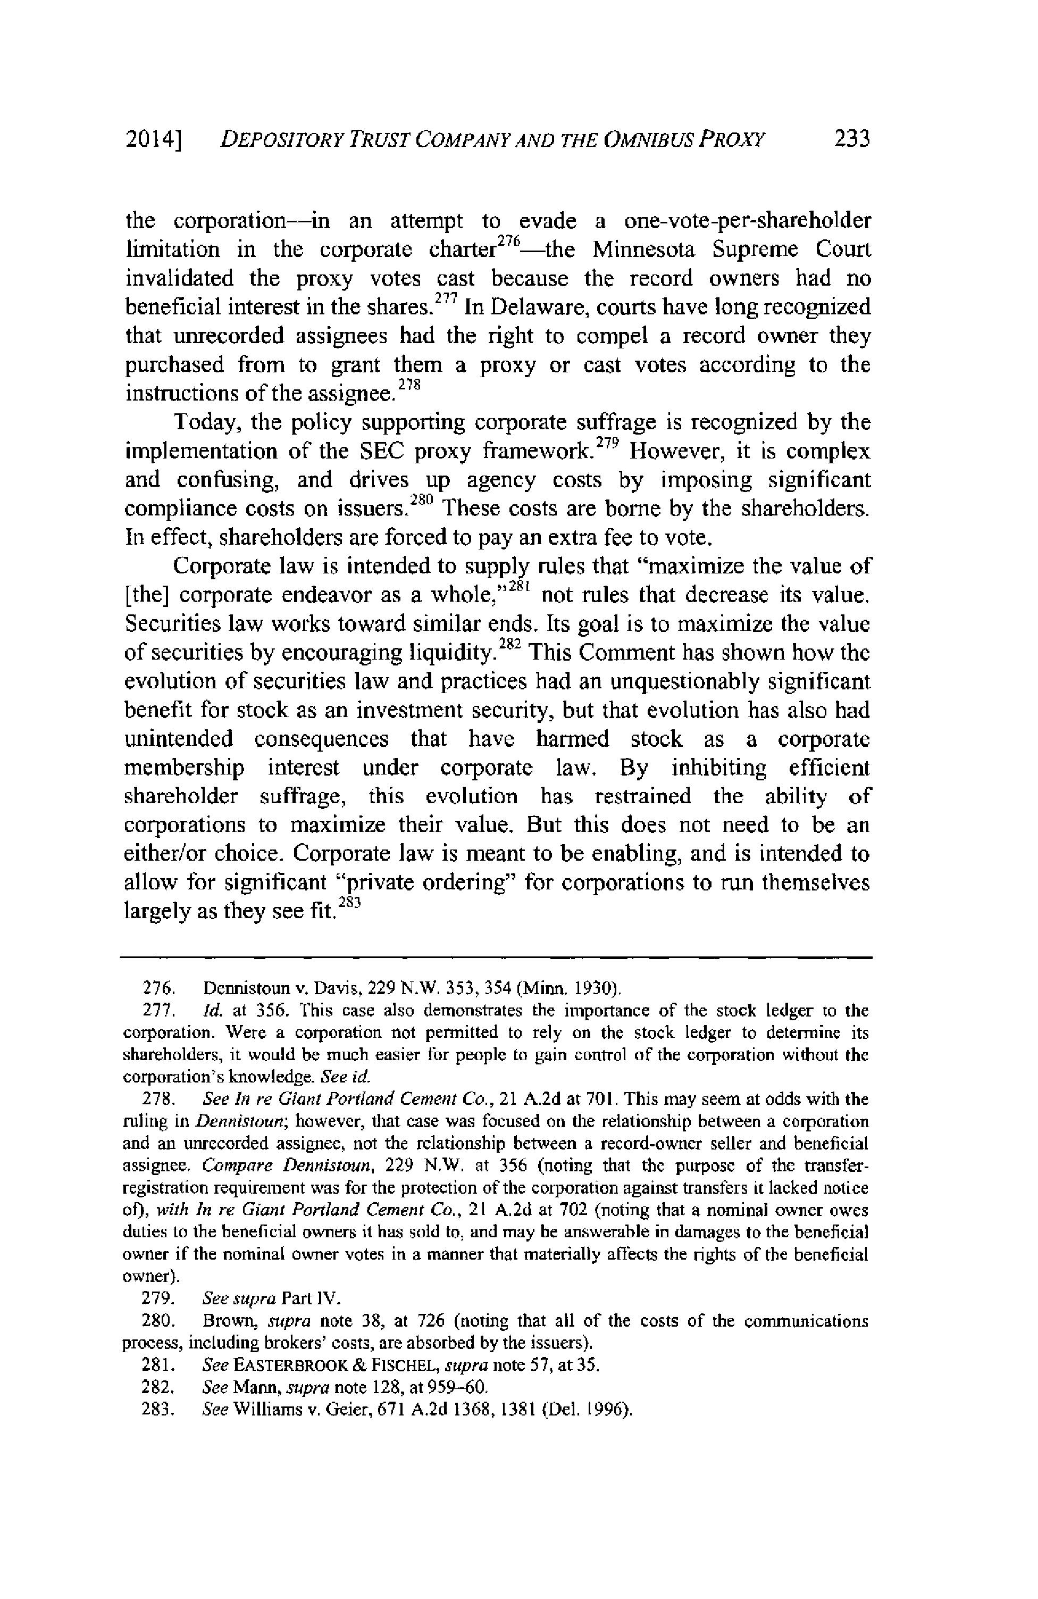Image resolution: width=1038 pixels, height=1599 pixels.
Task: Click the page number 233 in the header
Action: point(851,140)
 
